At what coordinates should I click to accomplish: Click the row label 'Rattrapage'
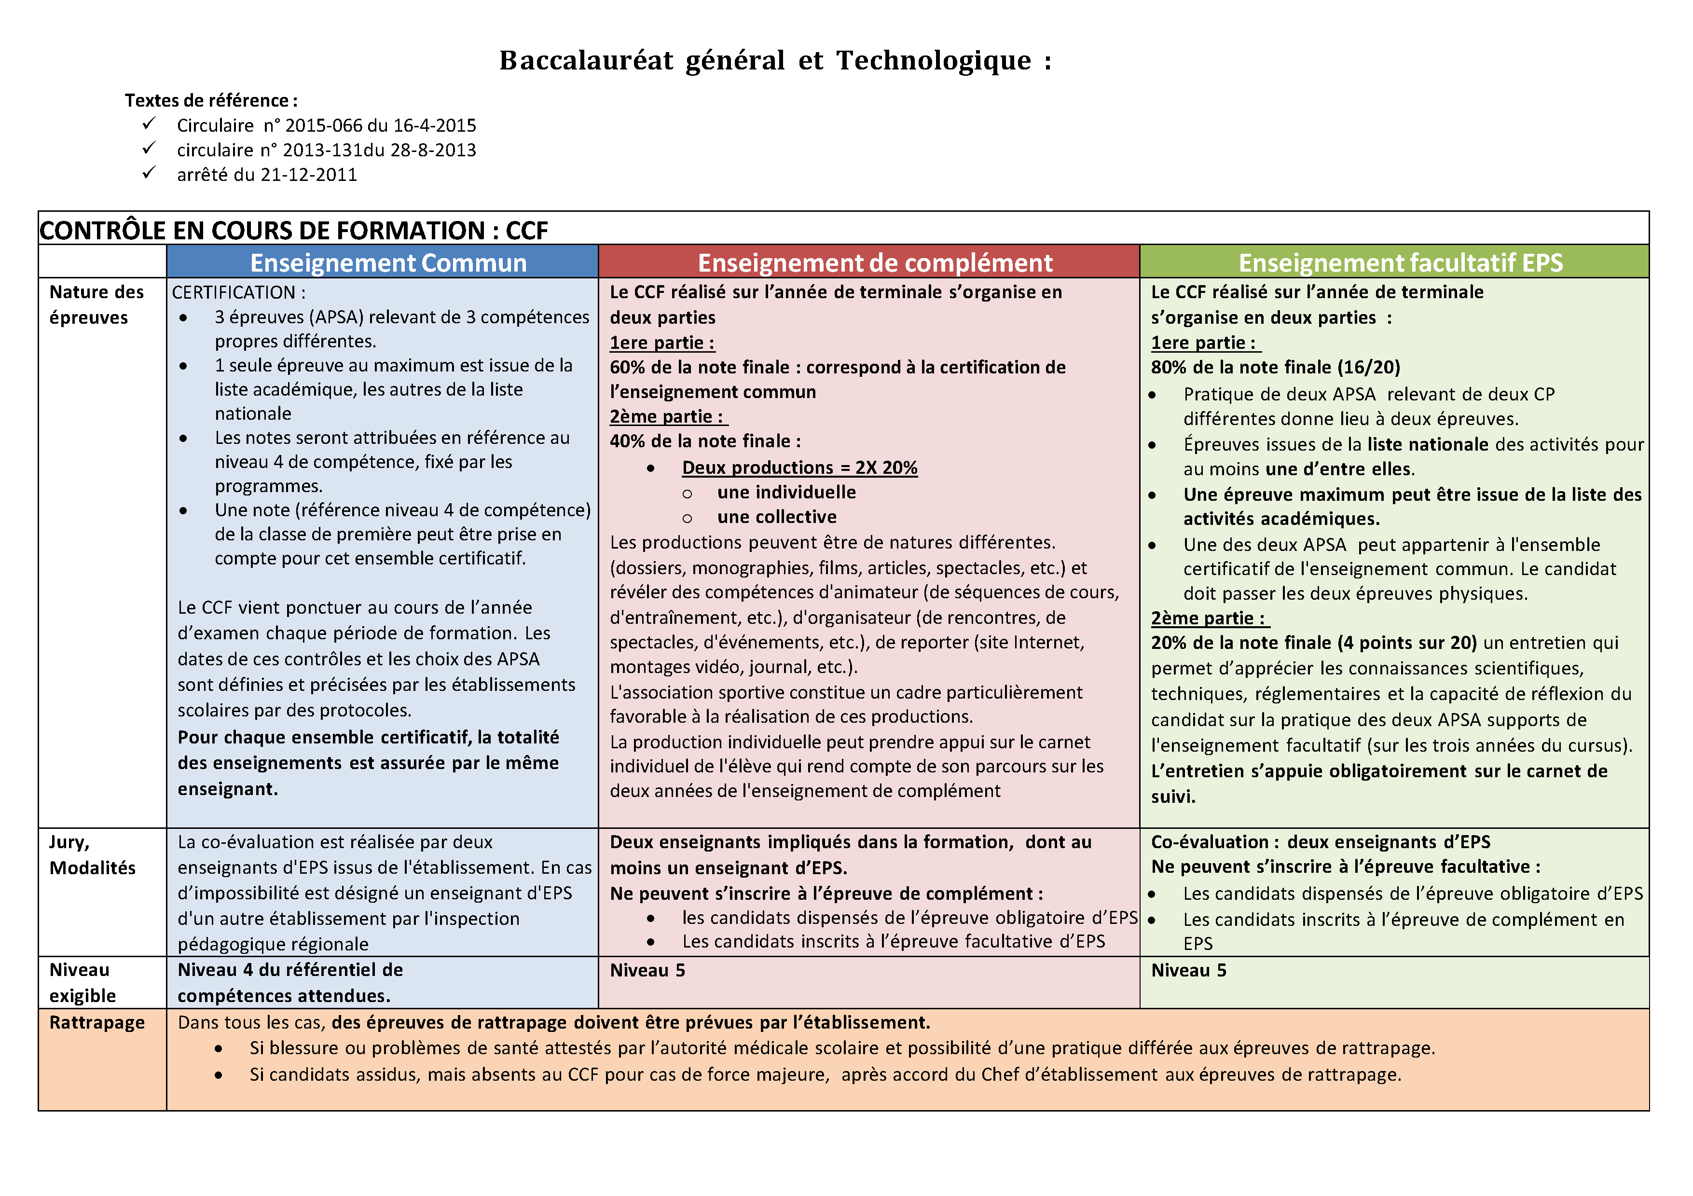pyautogui.click(x=96, y=1023)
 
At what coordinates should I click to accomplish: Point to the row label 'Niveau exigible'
pyautogui.click(x=83, y=983)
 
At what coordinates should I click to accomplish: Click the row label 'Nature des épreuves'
pyautogui.click(x=96, y=304)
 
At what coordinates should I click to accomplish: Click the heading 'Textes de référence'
pyautogui.click(x=211, y=100)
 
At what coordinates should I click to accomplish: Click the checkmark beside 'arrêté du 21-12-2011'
pyautogui.click(x=149, y=173)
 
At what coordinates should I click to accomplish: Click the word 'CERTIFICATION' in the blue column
pyautogui.click(x=234, y=293)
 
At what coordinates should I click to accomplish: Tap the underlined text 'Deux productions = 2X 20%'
pyautogui.click(x=799, y=467)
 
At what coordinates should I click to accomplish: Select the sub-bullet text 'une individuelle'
pyautogui.click(x=786, y=493)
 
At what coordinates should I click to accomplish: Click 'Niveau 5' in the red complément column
pyautogui.click(x=647, y=970)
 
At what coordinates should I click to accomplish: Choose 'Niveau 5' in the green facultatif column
pyautogui.click(x=1188, y=970)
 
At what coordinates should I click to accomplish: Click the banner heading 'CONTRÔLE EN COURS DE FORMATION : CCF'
pyautogui.click(x=293, y=231)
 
